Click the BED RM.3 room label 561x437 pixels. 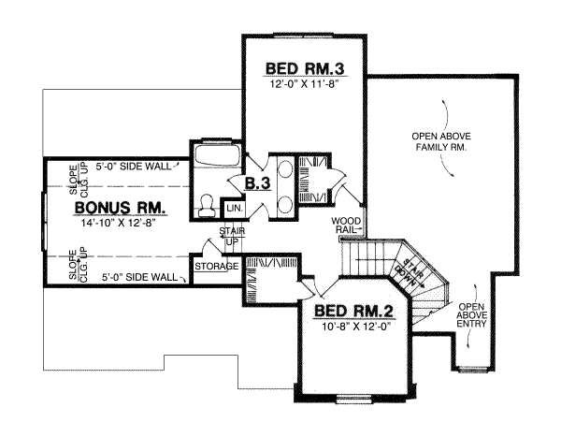point(301,68)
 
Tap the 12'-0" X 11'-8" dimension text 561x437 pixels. point(301,84)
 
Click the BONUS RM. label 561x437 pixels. point(121,207)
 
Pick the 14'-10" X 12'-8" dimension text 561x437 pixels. point(122,223)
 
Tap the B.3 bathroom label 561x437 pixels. point(258,183)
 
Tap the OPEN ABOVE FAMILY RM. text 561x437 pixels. point(439,142)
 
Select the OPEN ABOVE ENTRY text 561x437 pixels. point(470,317)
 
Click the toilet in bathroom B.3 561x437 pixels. point(209,202)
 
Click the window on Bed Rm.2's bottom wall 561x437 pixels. point(352,401)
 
